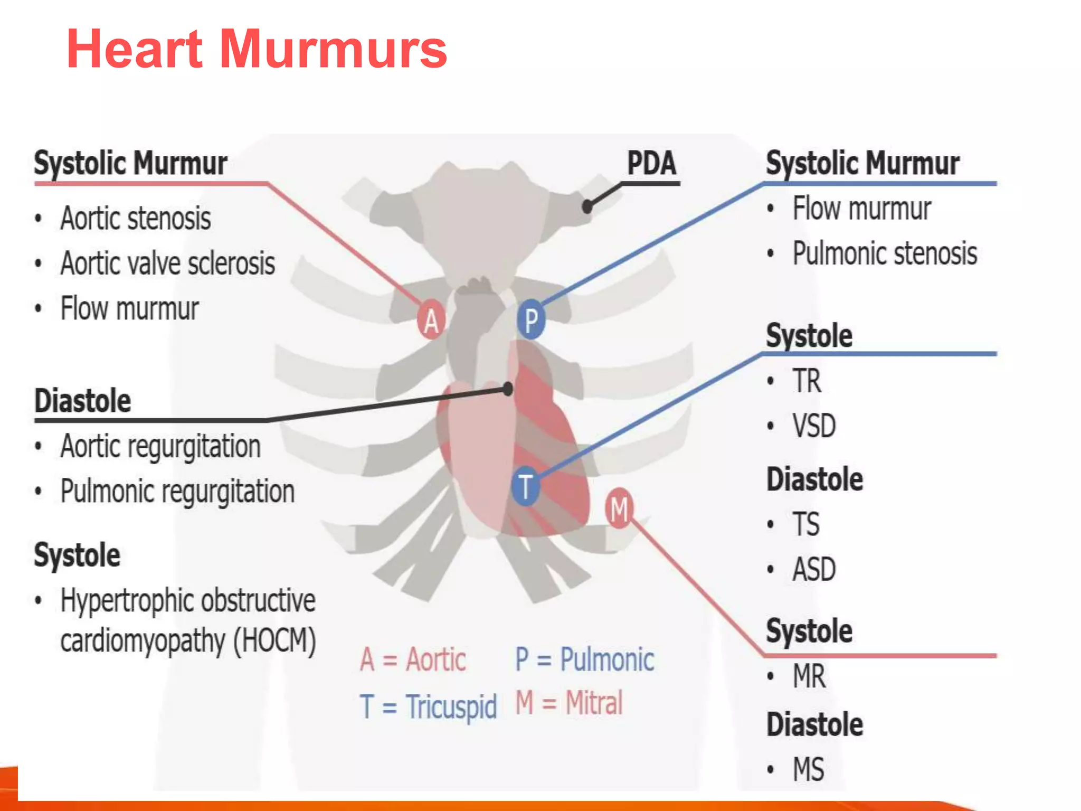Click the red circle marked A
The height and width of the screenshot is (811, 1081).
tap(431, 319)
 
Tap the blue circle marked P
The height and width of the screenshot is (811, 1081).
tap(530, 319)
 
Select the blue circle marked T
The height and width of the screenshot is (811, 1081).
tap(525, 486)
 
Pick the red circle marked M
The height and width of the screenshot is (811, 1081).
tap(619, 508)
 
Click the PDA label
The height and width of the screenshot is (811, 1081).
tap(651, 163)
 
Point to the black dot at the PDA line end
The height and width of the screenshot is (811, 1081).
tap(587, 206)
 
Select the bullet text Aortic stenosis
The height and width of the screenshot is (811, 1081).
tap(136, 219)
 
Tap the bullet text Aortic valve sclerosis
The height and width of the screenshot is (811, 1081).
tap(167, 263)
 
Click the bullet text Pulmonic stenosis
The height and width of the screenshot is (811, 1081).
tap(885, 253)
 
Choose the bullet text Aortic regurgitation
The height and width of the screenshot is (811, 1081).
tap(160, 447)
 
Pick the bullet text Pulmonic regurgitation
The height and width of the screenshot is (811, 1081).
tap(177, 492)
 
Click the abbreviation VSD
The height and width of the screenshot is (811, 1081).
tap(813, 426)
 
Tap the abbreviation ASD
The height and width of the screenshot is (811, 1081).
tap(813, 569)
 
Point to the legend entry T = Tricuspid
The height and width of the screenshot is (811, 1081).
tap(428, 706)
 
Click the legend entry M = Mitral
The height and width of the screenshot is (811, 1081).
tap(569, 703)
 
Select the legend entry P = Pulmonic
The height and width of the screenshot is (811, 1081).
tap(584, 659)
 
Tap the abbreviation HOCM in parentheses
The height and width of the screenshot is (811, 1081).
tap(274, 640)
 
